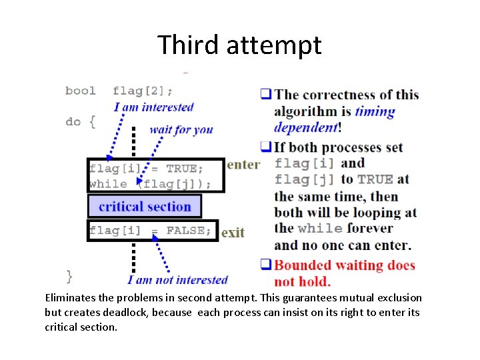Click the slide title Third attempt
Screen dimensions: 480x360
click(239, 45)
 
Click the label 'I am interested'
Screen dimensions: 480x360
click(153, 107)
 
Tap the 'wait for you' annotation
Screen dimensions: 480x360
click(181, 129)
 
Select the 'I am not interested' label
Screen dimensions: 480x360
click(177, 280)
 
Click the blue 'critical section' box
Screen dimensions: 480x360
click(145, 207)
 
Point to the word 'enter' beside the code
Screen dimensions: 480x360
click(243, 165)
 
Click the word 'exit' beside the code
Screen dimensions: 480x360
click(233, 233)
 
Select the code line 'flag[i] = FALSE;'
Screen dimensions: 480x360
click(151, 231)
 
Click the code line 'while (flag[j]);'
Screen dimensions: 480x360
click(151, 184)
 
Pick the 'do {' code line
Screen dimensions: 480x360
click(80, 122)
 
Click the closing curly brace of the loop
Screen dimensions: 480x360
click(69, 275)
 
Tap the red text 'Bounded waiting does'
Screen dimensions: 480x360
click(345, 265)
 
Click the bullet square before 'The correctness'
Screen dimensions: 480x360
click(265, 95)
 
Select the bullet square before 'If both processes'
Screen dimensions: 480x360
click(265, 147)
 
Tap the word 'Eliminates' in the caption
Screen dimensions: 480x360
click(71, 298)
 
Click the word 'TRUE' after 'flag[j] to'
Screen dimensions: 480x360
click(375, 180)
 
